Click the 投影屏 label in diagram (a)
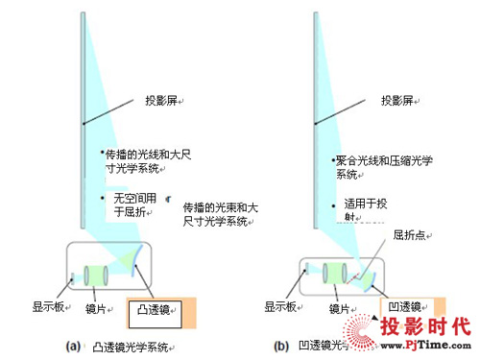pos(159,101)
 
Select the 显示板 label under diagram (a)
pos(49,307)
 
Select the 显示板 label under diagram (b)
pos(283,307)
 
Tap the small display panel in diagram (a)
pos(73,277)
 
